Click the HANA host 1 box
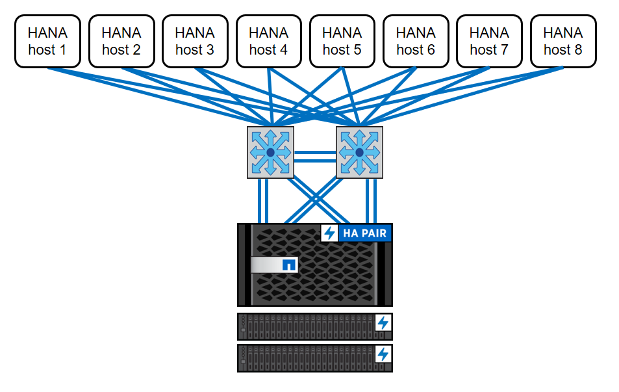pyautogui.click(x=47, y=41)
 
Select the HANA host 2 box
pyautogui.click(x=121, y=41)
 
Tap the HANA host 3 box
pyautogui.click(x=194, y=41)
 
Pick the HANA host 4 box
pyautogui.click(x=268, y=41)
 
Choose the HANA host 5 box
pyautogui.click(x=342, y=41)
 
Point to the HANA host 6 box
pyautogui.click(x=416, y=41)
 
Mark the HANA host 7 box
pyautogui.click(x=489, y=41)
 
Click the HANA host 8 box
pyautogui.click(x=563, y=41)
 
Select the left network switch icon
pyautogui.click(x=270, y=152)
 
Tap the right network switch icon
pyautogui.click(x=359, y=152)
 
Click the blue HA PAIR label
pyautogui.click(x=365, y=233)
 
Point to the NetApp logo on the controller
pyautogui.click(x=289, y=265)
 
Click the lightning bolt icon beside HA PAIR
pyautogui.click(x=330, y=233)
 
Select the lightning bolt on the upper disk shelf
pyautogui.click(x=383, y=322)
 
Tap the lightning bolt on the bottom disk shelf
pyautogui.click(x=383, y=354)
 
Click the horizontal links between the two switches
pyautogui.click(x=315, y=156)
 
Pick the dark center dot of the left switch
pyautogui.click(x=270, y=152)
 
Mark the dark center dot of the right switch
pyautogui.click(x=359, y=152)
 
